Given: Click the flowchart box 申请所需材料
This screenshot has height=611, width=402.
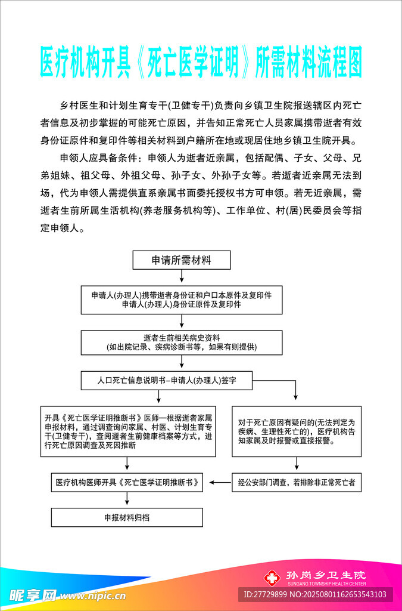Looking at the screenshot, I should pyautogui.click(x=180, y=260).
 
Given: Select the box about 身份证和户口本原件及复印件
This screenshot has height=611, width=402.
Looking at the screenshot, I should pyautogui.click(x=181, y=300).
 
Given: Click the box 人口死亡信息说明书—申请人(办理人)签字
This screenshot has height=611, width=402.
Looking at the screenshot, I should pyautogui.click(x=167, y=379).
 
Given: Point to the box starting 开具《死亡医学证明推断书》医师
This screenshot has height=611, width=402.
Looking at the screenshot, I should pyautogui.click(x=128, y=431).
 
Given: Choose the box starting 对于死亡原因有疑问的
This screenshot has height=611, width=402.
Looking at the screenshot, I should pyautogui.click(x=297, y=431).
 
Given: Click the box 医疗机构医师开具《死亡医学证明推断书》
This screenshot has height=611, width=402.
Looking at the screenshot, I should pyautogui.click(x=127, y=482).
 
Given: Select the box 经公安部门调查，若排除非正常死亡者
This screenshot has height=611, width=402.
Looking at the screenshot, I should pyautogui.click(x=297, y=482).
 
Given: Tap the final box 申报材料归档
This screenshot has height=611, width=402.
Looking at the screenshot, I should pyautogui.click(x=127, y=517).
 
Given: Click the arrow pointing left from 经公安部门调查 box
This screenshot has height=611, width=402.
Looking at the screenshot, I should pyautogui.click(x=222, y=482).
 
